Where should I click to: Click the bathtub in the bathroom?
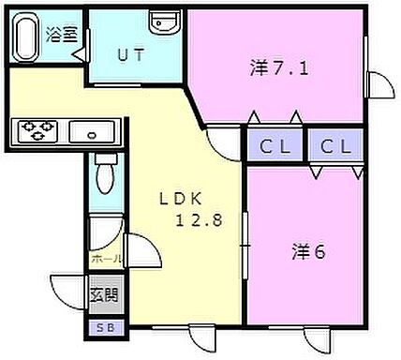click(x=26, y=38)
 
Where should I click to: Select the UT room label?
click(x=131, y=53)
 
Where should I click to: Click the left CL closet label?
click(x=274, y=146)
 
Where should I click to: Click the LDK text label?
click(x=179, y=199)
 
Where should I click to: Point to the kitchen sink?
click(x=93, y=131)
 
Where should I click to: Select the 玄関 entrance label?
click(x=103, y=295)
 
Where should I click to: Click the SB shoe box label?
click(x=102, y=328)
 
